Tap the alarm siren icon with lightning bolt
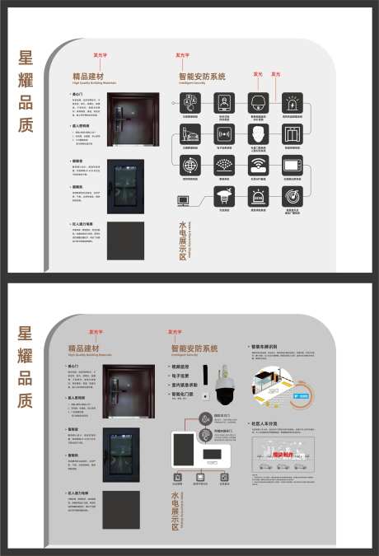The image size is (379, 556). (x=292, y=103)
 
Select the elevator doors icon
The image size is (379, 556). (x=292, y=134)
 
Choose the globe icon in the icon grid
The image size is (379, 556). (x=189, y=165)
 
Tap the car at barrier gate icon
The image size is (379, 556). (x=189, y=134)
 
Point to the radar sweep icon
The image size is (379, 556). (x=292, y=195)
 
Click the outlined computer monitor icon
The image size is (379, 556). (x=183, y=200)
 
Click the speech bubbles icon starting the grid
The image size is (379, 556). (x=189, y=103)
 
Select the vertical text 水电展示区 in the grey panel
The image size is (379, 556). (x=175, y=511)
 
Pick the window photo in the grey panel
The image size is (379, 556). (x=121, y=454)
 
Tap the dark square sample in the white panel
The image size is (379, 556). (x=125, y=241)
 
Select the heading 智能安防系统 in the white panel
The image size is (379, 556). (x=201, y=76)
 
